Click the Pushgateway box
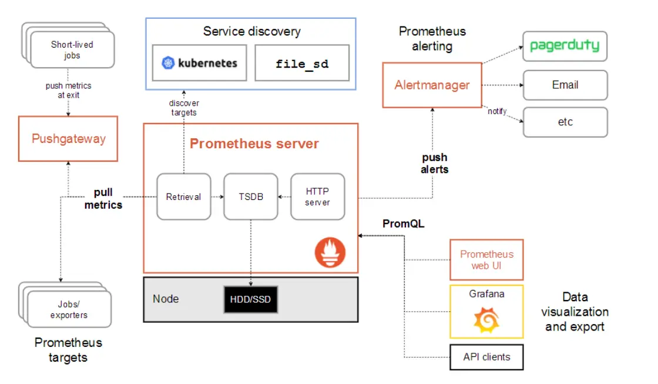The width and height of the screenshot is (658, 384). click(x=68, y=139)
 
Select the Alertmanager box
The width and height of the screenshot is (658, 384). click(x=432, y=85)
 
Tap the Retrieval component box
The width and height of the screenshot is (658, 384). click(x=183, y=197)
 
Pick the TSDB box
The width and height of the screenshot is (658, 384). click(x=251, y=197)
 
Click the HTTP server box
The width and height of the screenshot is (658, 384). click(x=317, y=197)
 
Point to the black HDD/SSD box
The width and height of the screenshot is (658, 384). click(x=250, y=299)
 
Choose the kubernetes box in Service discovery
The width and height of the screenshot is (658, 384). click(x=200, y=63)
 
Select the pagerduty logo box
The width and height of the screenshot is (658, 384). click(x=565, y=46)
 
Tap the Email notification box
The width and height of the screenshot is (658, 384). click(x=565, y=85)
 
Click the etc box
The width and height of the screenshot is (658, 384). click(x=565, y=122)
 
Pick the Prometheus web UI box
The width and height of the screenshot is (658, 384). click(x=486, y=260)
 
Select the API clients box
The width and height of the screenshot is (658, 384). click(x=486, y=356)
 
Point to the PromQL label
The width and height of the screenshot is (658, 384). click(x=403, y=224)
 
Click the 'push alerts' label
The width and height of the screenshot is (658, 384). click(x=434, y=163)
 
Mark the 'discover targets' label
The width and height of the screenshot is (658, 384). click(x=183, y=108)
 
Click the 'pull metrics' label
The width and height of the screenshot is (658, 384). click(x=103, y=199)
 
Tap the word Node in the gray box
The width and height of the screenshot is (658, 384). click(x=166, y=299)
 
